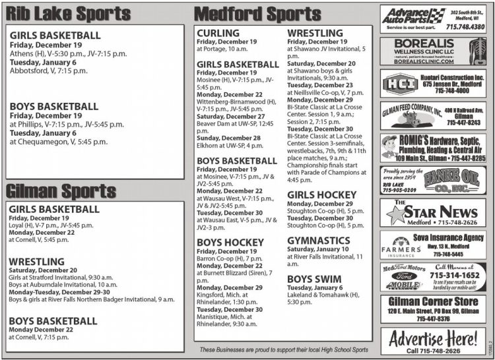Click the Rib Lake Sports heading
pos(59,13)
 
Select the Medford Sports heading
pos(257,13)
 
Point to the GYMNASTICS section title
pos(318,241)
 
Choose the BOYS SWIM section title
pos(314,279)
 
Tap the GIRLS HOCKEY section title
pos(321,195)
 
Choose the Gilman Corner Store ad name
pos(433,302)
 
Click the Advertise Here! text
pos(433,340)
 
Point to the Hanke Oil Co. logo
pos(456,179)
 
